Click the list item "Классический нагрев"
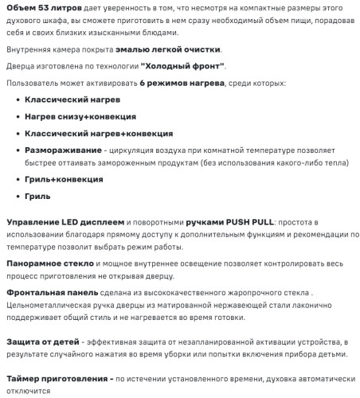(71, 102)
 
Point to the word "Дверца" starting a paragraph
(20, 66)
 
